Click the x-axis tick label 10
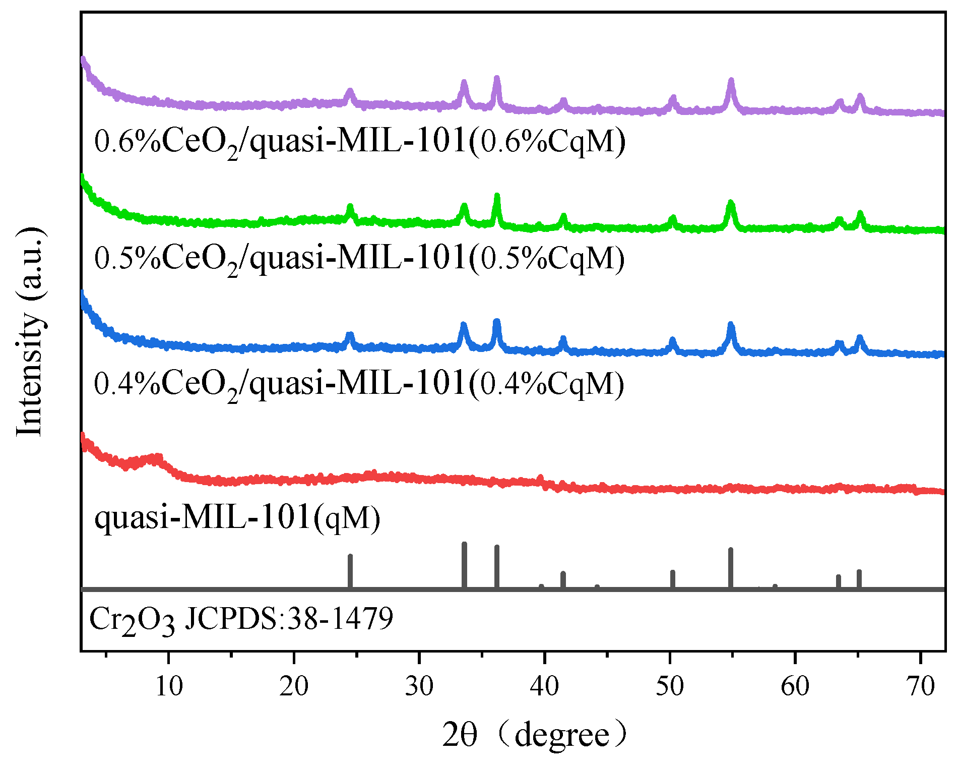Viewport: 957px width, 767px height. [169, 687]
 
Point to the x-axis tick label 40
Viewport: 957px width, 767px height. [545, 687]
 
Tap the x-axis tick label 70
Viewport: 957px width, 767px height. [921, 687]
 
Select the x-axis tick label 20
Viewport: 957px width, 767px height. [294, 687]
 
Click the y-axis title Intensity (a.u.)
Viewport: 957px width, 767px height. [30, 333]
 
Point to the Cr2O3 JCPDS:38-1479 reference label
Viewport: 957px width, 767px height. [241, 619]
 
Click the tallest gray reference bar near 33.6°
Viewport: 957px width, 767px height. [464, 565]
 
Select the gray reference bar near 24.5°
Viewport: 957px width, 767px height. [350, 571]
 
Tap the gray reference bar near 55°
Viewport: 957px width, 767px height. [731, 567]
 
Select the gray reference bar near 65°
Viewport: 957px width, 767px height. [859, 578]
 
